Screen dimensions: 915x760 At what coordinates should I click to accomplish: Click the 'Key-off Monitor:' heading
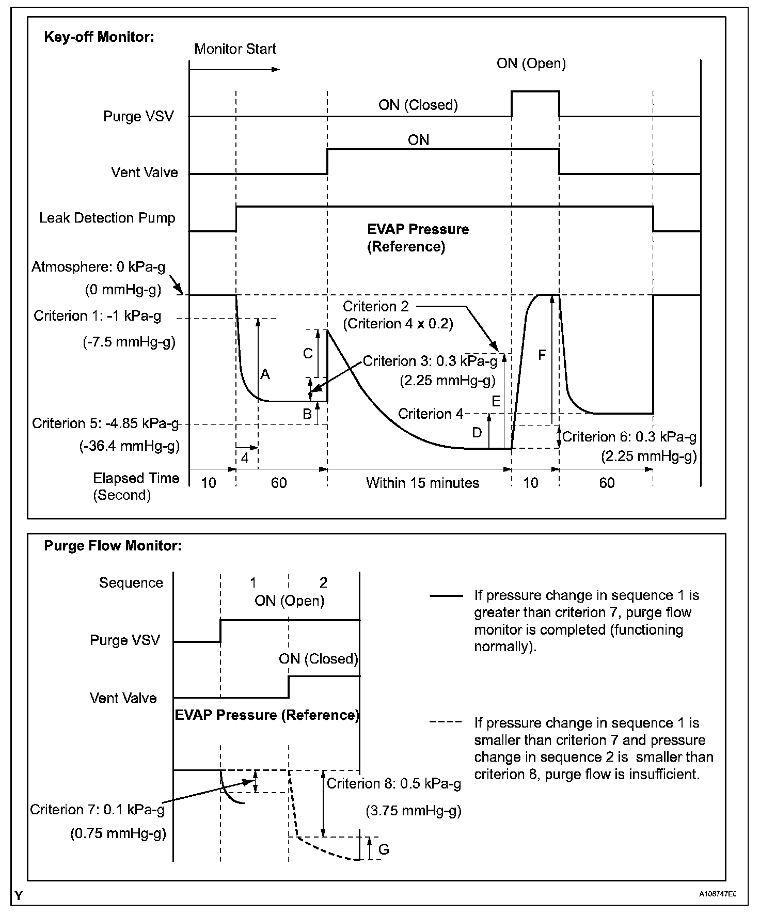[x=99, y=37]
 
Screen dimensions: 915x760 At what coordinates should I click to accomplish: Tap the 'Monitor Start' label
[x=235, y=49]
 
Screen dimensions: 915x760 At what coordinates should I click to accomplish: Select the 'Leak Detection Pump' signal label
[x=107, y=218]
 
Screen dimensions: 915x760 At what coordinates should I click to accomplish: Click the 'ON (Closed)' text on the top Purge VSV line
[x=418, y=105]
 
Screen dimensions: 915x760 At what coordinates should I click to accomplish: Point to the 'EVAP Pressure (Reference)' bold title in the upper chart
[x=418, y=238]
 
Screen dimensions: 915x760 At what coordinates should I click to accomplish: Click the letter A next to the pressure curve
[x=265, y=374]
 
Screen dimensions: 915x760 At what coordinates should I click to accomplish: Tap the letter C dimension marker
[x=308, y=354]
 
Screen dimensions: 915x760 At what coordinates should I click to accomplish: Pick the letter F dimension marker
[x=542, y=355]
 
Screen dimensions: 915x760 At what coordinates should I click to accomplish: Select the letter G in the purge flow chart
[x=384, y=849]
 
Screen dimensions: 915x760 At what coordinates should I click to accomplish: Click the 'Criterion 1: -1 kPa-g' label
[x=98, y=316]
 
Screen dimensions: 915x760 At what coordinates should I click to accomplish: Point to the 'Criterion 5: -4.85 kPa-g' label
[x=105, y=424]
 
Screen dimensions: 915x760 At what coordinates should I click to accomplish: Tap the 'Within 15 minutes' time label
[x=422, y=483]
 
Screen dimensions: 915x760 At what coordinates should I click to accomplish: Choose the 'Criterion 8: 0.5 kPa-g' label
[x=394, y=784]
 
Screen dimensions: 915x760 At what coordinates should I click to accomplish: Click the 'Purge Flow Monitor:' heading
[x=113, y=546]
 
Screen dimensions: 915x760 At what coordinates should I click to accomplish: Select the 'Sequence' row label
[x=131, y=583]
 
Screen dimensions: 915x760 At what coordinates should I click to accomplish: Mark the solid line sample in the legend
[x=446, y=596]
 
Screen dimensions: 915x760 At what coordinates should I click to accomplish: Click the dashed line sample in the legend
[x=446, y=722]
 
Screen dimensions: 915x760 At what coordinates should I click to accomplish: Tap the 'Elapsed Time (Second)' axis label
[x=136, y=486]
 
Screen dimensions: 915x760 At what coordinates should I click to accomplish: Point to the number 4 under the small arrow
[x=245, y=458]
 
